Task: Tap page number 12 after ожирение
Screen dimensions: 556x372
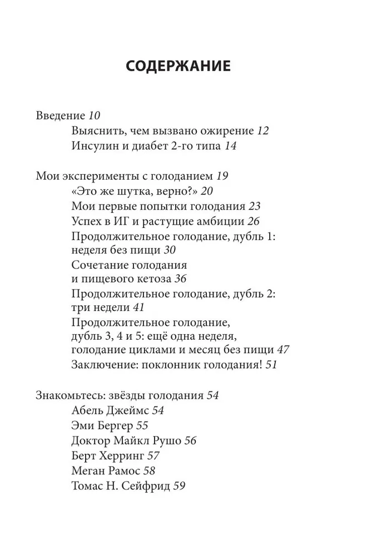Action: [x=263, y=131]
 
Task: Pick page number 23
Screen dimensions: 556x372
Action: [x=255, y=206]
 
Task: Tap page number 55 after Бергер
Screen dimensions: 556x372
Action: [x=142, y=426]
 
